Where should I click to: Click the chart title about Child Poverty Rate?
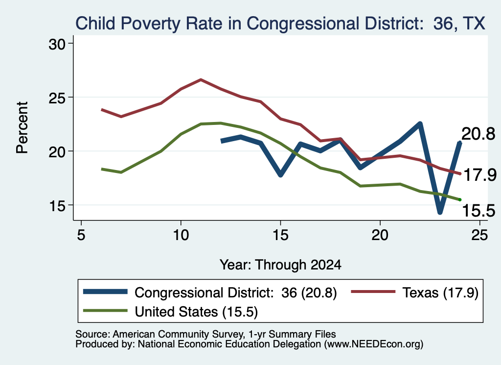click(x=280, y=24)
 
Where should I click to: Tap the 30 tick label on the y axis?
click(x=57, y=44)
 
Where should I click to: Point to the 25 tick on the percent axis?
click(x=57, y=97)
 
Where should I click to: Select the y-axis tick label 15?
click(x=57, y=205)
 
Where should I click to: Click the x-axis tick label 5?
click(x=81, y=236)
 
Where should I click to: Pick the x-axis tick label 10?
click(x=181, y=236)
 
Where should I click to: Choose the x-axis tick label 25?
click(x=479, y=236)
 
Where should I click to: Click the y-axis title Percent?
click(x=22, y=128)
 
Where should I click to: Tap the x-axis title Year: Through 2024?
click(x=280, y=265)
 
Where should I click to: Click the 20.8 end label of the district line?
click(x=478, y=134)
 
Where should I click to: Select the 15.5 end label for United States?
click(x=478, y=211)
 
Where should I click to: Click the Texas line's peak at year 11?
click(x=201, y=79)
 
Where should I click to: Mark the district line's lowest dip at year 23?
click(x=440, y=212)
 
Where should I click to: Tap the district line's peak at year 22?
click(x=420, y=123)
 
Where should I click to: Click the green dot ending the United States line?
click(x=460, y=199)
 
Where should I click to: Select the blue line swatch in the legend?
click(x=105, y=292)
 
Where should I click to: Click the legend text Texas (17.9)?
click(x=440, y=292)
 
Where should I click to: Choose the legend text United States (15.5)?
click(x=196, y=312)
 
